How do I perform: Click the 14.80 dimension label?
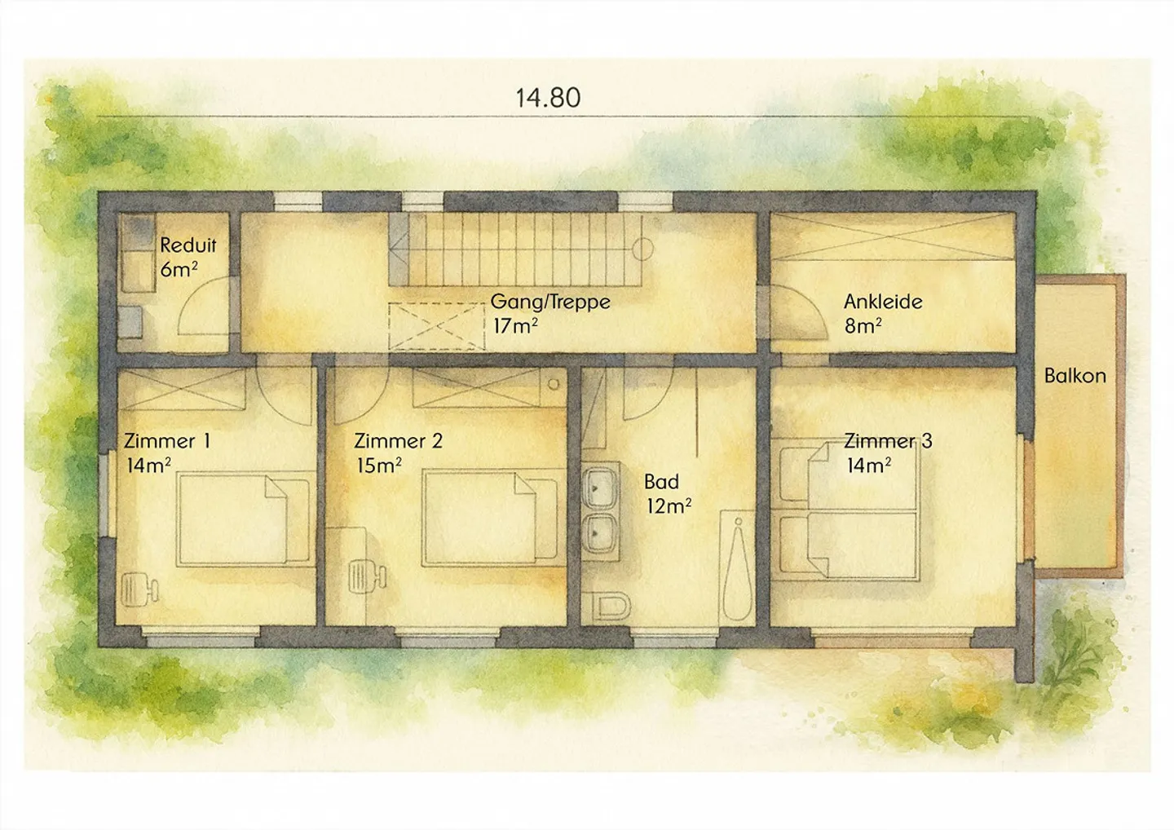click(548, 98)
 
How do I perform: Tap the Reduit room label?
click(188, 245)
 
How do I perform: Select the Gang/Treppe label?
click(550, 302)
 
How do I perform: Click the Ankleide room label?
click(883, 302)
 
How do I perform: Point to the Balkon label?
click(1075, 376)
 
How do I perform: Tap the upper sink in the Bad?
click(602, 488)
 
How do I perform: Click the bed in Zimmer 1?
click(244, 521)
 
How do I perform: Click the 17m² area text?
click(515, 326)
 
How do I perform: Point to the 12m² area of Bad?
click(669, 506)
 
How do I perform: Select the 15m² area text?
click(378, 465)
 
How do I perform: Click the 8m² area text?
click(863, 326)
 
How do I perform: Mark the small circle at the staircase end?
click(642, 249)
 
